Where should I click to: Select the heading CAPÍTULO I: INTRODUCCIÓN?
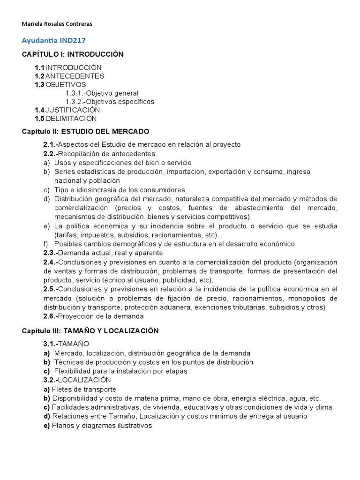pyautogui.click(x=73, y=54)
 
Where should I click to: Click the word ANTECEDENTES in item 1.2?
pyautogui.click(x=75, y=76)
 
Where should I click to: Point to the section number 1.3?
pyautogui.click(x=39, y=84)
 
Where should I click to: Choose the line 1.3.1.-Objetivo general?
pyautogui.click(x=102, y=93)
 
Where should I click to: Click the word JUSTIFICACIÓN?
pyautogui.click(x=73, y=110)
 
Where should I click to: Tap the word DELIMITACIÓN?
pyautogui.click(x=71, y=118)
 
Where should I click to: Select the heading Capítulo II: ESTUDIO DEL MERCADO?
pyautogui.click(x=85, y=131)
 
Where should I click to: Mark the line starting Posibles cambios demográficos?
pyautogui.click(x=174, y=244)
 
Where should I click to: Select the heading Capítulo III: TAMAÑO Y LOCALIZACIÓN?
pyautogui.click(x=90, y=331)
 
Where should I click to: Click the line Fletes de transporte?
pyautogui.click(x=84, y=389)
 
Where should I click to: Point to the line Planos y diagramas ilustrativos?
pyautogui.click(x=102, y=426)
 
